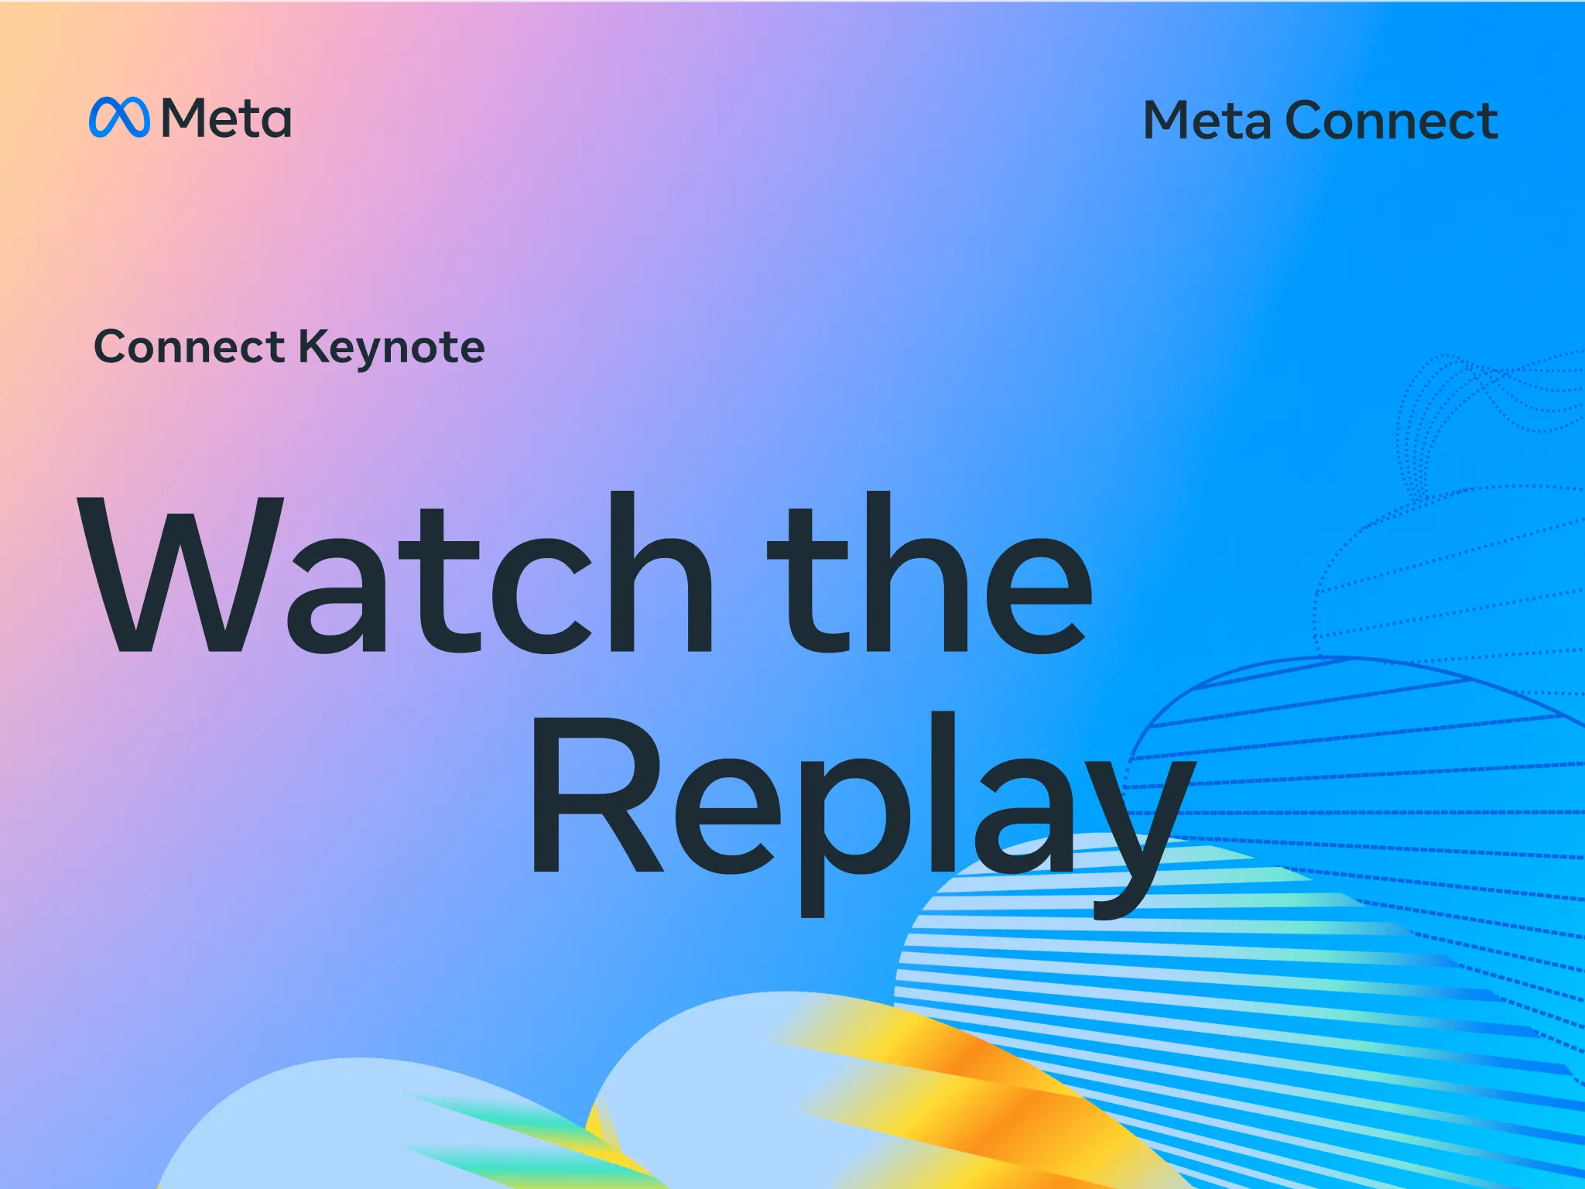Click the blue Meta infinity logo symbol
tap(119, 118)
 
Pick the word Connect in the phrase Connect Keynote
tap(190, 346)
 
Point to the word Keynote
tap(392, 348)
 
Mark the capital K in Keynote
tap(317, 346)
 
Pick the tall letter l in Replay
tap(943, 793)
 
